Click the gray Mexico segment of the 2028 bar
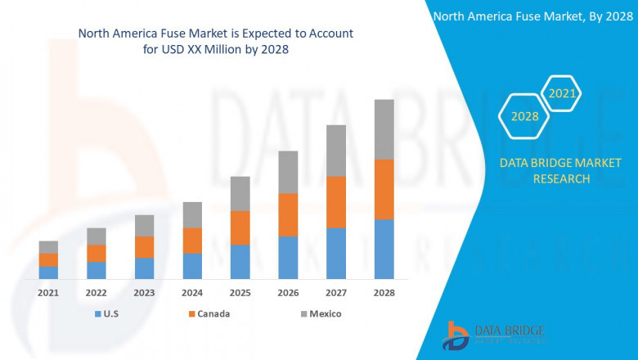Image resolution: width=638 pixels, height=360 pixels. tap(384, 129)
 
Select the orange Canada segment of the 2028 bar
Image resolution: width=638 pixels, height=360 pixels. tap(384, 189)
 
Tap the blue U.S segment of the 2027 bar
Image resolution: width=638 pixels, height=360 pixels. tap(336, 253)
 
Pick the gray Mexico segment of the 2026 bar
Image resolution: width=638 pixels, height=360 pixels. tap(288, 172)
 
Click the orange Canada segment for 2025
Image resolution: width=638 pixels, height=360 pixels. tap(240, 227)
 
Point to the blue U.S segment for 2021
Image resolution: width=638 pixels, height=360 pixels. tap(48, 272)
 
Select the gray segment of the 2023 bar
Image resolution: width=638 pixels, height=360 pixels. tap(144, 226)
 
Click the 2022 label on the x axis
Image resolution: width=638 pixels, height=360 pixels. tap(96, 292)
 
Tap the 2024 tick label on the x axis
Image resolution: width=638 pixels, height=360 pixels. tap(192, 292)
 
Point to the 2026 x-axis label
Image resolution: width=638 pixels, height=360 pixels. tap(288, 292)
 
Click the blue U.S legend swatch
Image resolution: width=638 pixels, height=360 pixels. tap(98, 314)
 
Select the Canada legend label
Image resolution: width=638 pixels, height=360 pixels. tap(213, 314)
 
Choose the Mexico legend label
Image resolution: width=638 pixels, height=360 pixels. tap(326, 314)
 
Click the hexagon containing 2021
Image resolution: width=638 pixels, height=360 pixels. tap(562, 94)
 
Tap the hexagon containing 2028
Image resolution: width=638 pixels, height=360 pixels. tap(524, 116)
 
